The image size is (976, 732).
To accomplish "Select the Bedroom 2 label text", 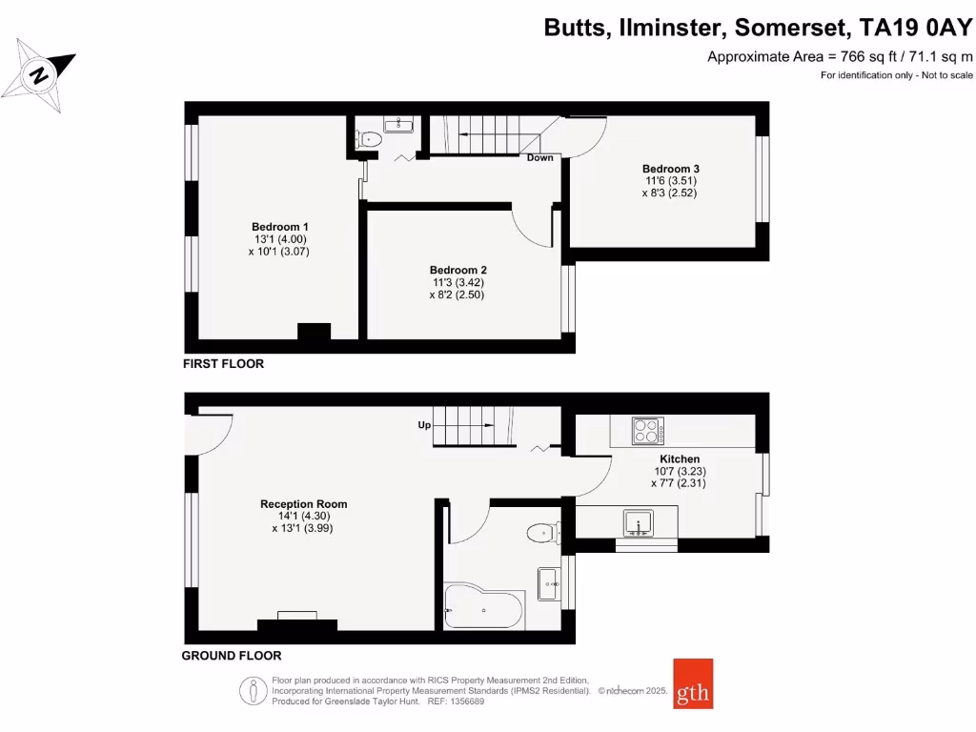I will coord(457,270).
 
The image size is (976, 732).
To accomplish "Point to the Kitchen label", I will coord(680,458).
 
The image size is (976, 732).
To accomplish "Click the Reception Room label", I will coord(303,503).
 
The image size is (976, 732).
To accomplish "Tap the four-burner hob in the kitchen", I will coord(648,431).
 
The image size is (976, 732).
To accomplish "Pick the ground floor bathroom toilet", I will coord(544,532).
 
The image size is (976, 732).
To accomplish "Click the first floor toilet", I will coord(369,140).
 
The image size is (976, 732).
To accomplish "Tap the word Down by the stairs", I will coord(539,157).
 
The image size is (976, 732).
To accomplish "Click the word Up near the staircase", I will coord(424,425).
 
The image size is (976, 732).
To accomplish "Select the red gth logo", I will coord(693,683).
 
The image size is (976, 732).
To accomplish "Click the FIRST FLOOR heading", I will coord(224,364).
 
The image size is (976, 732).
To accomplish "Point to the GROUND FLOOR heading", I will coord(232,656).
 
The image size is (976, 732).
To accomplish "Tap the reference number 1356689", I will coord(465,701).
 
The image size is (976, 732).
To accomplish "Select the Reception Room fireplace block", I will coord(297,625).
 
